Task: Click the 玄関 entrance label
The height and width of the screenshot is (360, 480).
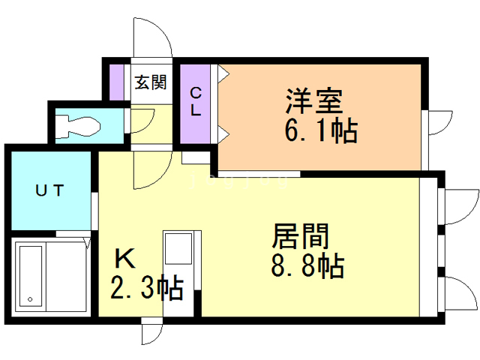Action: pos(150,82)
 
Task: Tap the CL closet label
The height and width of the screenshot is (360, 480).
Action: pos(195,102)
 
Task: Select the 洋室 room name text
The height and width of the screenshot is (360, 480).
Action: pos(313,100)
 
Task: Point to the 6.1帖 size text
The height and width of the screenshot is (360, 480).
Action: pos(319,130)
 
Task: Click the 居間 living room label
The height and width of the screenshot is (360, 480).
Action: pos(300,237)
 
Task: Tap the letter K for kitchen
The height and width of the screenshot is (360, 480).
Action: pos(124,259)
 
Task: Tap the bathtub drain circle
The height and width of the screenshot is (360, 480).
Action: pos(31,300)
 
